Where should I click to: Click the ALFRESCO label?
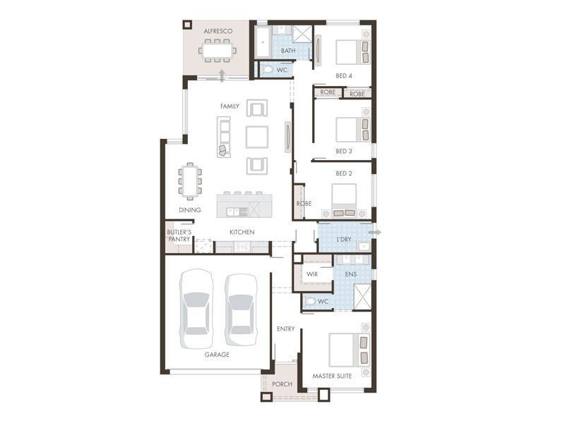pyautogui.click(x=218, y=31)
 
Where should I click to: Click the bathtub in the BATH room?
pyautogui.click(x=263, y=42)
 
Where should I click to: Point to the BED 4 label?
pyautogui.click(x=344, y=75)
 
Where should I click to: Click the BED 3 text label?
pyautogui.click(x=344, y=151)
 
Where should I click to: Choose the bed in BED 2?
pyautogui.click(x=344, y=198)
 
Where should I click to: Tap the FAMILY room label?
pyautogui.click(x=230, y=106)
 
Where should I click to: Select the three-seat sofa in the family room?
pyautogui.click(x=224, y=137)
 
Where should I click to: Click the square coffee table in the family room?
pyautogui.click(x=256, y=137)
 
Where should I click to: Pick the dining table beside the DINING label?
pyautogui.click(x=189, y=180)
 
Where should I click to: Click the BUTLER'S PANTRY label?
pyautogui.click(x=179, y=235)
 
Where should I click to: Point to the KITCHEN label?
pyautogui.click(x=242, y=232)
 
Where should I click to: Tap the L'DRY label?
pyautogui.click(x=344, y=240)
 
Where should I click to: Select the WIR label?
pyautogui.click(x=311, y=274)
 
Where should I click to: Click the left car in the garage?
pyautogui.click(x=196, y=309)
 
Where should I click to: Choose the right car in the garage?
pyautogui.click(x=241, y=309)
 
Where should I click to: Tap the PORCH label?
pyautogui.click(x=282, y=384)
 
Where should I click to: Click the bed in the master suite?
pyautogui.click(x=348, y=350)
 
